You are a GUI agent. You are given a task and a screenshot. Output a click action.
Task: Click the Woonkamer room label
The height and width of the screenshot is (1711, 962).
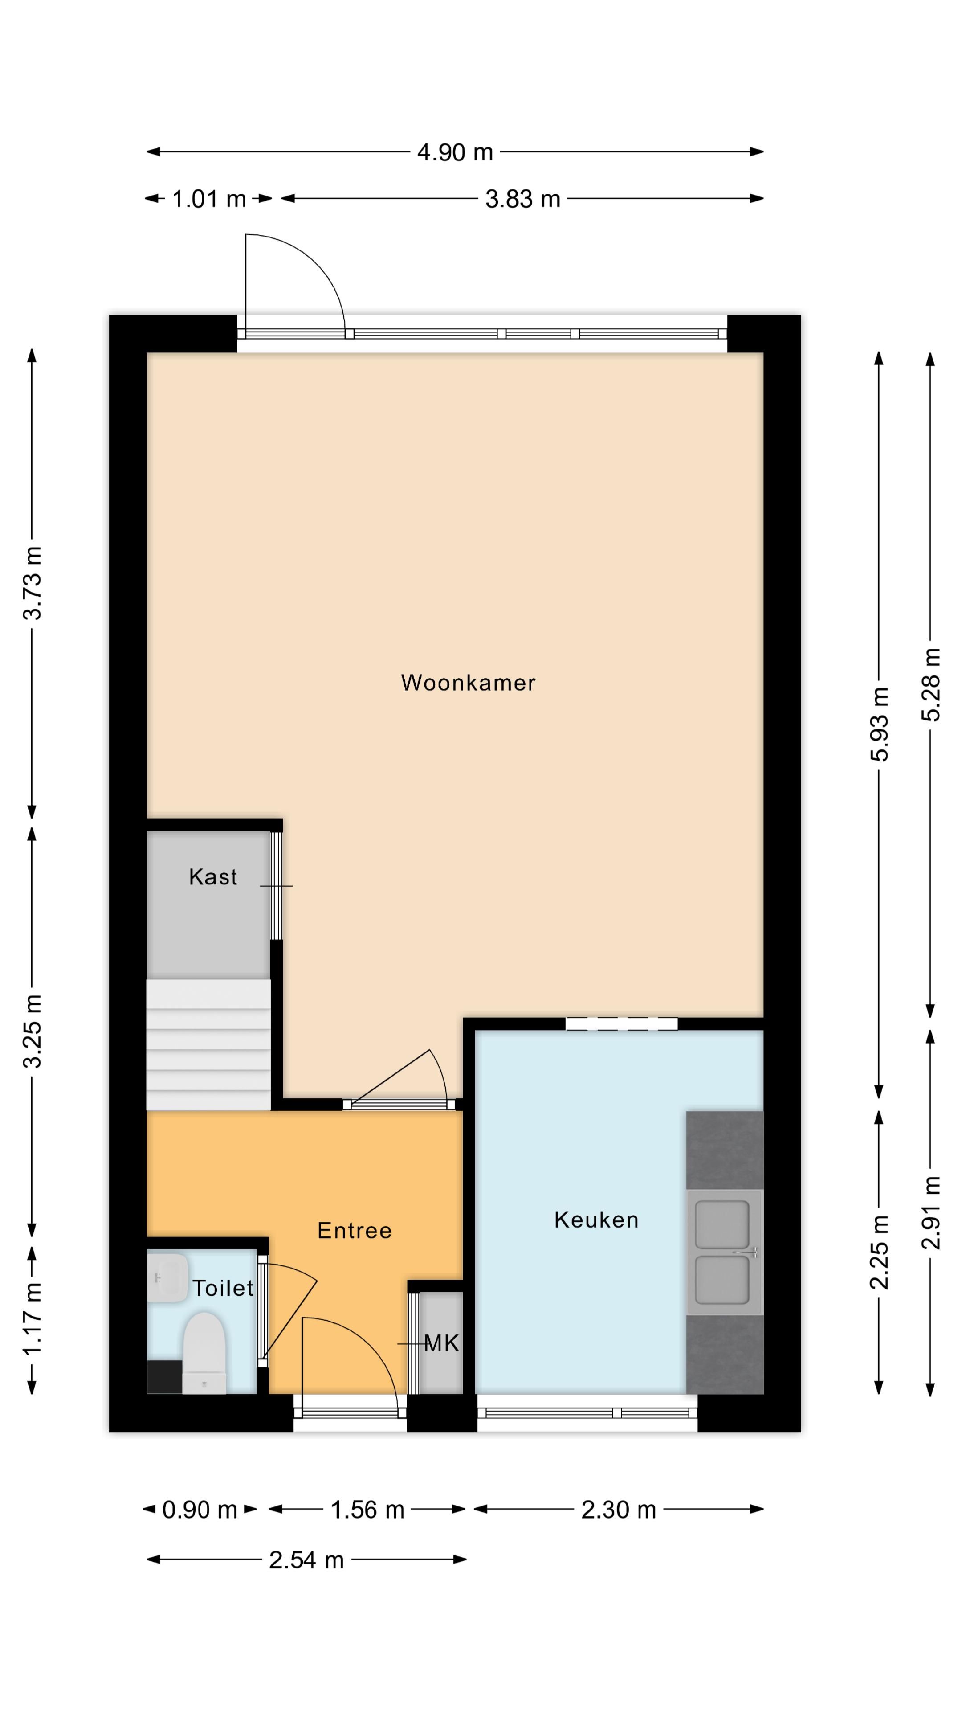tap(468, 683)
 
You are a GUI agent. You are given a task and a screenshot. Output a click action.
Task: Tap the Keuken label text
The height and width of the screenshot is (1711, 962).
tap(596, 1220)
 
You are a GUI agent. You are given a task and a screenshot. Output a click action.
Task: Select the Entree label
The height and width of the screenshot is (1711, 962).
tap(355, 1231)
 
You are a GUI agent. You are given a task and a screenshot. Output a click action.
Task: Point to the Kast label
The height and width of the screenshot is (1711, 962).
tap(213, 877)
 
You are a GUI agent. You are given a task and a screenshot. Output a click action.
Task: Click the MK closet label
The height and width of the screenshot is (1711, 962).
tap(441, 1344)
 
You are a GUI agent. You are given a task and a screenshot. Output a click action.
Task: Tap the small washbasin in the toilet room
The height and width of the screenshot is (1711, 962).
tap(167, 1277)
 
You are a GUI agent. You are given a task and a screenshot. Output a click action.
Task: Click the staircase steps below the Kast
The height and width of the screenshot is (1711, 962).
tap(208, 1044)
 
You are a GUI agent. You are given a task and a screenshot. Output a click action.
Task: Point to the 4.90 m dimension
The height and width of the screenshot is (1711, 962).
tap(455, 152)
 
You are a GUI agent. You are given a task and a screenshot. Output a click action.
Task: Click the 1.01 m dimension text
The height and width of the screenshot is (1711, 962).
tap(209, 199)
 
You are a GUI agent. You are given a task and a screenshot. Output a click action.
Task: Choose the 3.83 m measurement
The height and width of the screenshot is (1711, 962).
tap(522, 199)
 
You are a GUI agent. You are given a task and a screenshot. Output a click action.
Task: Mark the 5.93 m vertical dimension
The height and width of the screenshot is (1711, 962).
tap(879, 724)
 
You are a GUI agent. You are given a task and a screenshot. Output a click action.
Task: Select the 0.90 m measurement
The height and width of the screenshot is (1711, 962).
tap(199, 1510)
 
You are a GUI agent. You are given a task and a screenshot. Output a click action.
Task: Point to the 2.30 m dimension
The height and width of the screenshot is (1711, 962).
tap(619, 1510)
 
